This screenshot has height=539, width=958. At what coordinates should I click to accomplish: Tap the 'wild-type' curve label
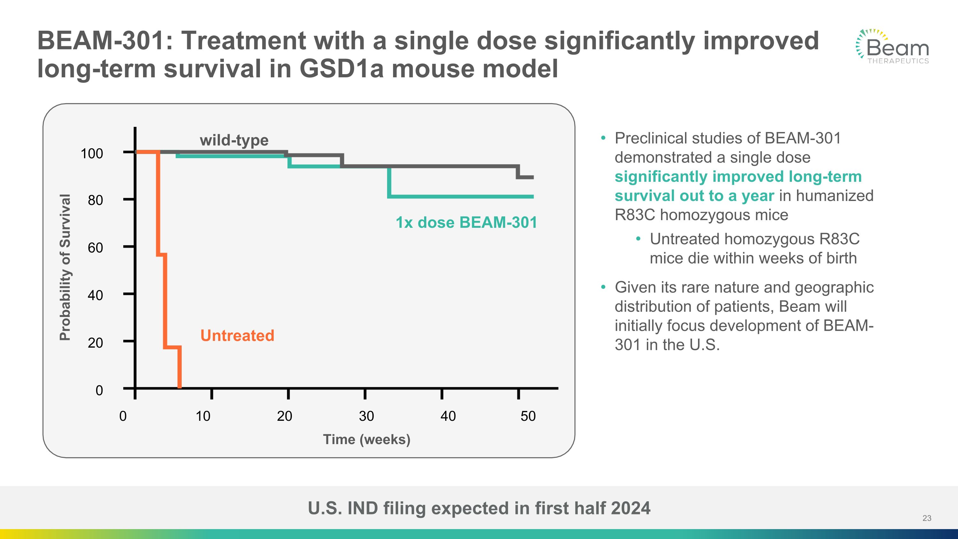pyautogui.click(x=234, y=140)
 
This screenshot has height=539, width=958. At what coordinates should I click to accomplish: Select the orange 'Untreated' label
pyautogui.click(x=237, y=335)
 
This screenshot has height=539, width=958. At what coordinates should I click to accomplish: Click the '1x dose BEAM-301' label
pyautogui.click(x=466, y=222)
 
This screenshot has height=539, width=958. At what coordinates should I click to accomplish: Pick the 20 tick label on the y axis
pyautogui.click(x=95, y=343)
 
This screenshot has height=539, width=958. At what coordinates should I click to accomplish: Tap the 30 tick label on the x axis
pyautogui.click(x=366, y=416)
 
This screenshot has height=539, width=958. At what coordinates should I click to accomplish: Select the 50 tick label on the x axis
pyautogui.click(x=528, y=416)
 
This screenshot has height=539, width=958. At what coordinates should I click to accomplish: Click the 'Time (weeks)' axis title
pyautogui.click(x=366, y=439)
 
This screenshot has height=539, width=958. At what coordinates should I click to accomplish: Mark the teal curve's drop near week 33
pyautogui.click(x=389, y=182)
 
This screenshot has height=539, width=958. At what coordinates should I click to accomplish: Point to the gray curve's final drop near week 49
pyautogui.click(x=518, y=172)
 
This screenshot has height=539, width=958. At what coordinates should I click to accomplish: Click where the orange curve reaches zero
pyautogui.click(x=179, y=387)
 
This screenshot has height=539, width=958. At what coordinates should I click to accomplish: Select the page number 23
pyautogui.click(x=927, y=518)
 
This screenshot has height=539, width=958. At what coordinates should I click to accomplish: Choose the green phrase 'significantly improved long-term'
pyautogui.click(x=738, y=176)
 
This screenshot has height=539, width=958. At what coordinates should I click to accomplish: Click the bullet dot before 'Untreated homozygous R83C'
pyautogui.click(x=638, y=239)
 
